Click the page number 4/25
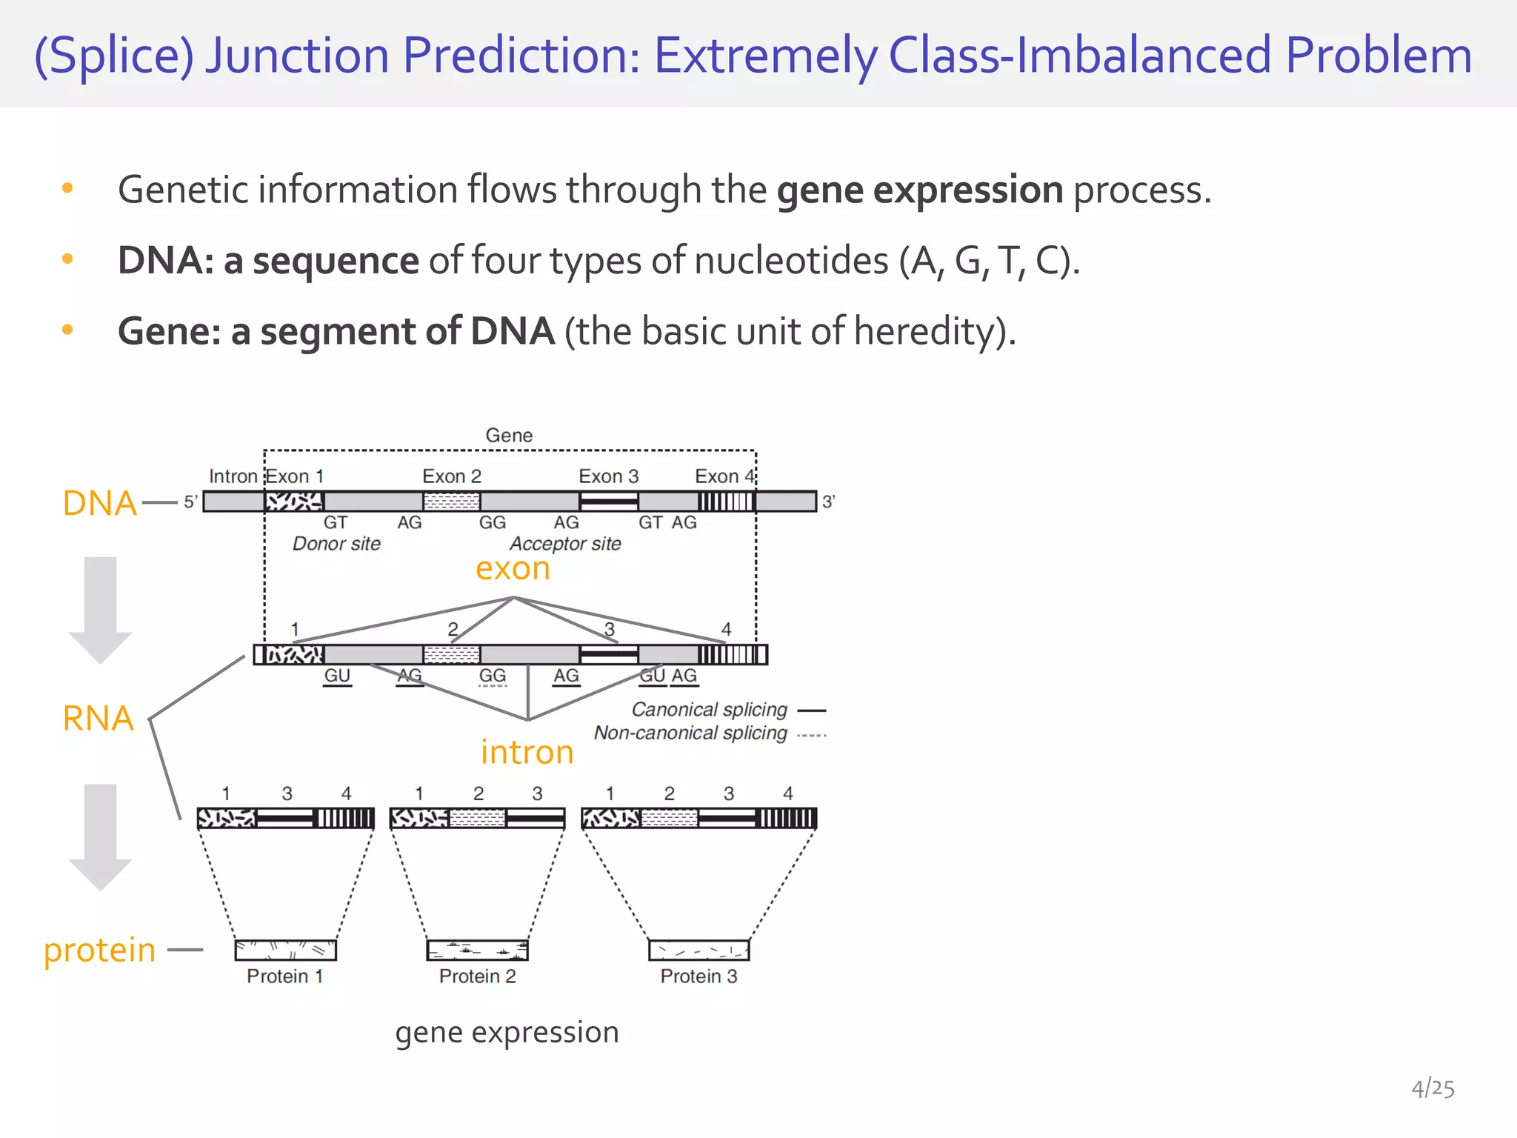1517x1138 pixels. pos(1432,1088)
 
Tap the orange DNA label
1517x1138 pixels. pos(100,504)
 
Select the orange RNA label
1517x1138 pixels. pos(99,719)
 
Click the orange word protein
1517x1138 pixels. pos(100,951)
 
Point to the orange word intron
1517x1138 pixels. pos(527,753)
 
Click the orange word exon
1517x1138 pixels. pos(513,569)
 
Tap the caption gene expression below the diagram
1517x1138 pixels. pos(507,1032)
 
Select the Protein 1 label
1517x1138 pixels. pos(284,976)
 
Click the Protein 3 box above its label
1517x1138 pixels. pos(699,950)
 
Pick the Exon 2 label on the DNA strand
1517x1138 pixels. pos(451,476)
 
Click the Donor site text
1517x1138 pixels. pos(336,544)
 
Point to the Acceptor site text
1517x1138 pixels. pos(565,544)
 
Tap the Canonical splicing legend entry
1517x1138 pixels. pos(709,710)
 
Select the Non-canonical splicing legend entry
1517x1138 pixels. pos(690,733)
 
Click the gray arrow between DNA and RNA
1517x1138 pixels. pos(100,608)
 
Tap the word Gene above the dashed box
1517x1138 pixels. pos(509,436)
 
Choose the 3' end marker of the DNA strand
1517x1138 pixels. pos(828,502)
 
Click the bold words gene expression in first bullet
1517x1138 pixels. pos(919,190)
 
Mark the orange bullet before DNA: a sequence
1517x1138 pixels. pos(67,259)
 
